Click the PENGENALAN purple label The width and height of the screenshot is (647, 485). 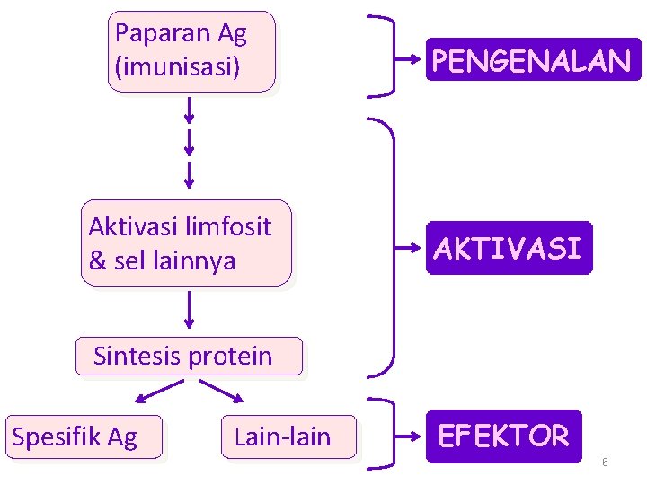[x=533, y=60]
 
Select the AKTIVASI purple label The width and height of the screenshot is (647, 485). [x=509, y=248]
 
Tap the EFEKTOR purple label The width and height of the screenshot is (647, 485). [x=503, y=436]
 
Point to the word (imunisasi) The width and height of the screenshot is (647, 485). [x=178, y=66]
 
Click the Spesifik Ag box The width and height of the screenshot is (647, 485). [x=84, y=437]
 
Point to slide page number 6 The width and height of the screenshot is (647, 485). [x=605, y=462]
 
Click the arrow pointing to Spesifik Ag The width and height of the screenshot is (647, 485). [x=159, y=392]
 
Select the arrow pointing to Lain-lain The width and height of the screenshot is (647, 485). [x=221, y=392]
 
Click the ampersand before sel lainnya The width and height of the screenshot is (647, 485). [x=96, y=261]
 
